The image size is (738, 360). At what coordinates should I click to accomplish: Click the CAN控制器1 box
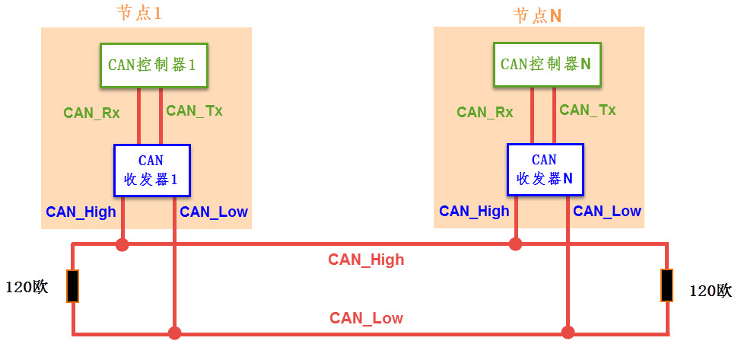[151, 65]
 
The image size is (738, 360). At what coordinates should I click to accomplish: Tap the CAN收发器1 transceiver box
[151, 171]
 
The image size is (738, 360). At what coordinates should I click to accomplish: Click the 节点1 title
[138, 14]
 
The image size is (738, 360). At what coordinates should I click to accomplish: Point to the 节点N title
[537, 15]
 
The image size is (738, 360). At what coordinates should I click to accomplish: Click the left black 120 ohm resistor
[72, 285]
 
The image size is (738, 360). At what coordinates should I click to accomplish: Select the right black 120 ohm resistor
[666, 285]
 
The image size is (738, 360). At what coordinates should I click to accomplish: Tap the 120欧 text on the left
[27, 288]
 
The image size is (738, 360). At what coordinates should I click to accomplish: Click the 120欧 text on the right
[710, 290]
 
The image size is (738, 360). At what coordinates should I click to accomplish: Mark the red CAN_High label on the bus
[366, 260]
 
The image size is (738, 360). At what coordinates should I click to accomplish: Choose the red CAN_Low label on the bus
[366, 318]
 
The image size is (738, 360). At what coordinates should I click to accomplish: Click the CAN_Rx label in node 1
[91, 113]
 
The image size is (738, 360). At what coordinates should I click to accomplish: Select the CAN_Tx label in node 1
[194, 110]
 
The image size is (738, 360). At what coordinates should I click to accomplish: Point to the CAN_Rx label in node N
[485, 113]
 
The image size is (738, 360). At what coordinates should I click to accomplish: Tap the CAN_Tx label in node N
[587, 110]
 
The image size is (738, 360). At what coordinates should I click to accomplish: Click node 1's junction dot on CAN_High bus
[122, 244]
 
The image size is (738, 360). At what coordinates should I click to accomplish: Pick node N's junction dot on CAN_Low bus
[567, 332]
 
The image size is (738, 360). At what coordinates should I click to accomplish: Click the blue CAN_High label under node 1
[81, 212]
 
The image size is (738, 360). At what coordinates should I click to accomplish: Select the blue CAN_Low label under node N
[607, 212]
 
